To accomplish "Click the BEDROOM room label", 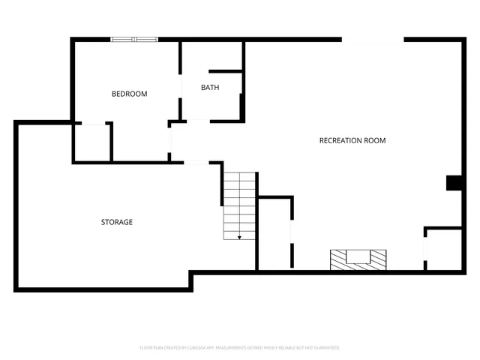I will pyautogui.click(x=129, y=94).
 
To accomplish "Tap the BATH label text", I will pyautogui.click(x=210, y=88).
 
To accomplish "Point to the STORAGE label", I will pyautogui.click(x=117, y=222).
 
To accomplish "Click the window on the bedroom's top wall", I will pyautogui.click(x=134, y=40).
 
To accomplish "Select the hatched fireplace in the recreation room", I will pyautogui.click(x=359, y=259).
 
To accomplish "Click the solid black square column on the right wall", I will pyautogui.click(x=454, y=183).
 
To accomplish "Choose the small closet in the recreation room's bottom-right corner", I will pyautogui.click(x=444, y=249).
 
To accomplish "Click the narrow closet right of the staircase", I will pyautogui.click(x=274, y=234).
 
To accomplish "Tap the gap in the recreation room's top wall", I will pyautogui.click(x=373, y=40).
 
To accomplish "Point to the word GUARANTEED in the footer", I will pyautogui.click(x=325, y=348).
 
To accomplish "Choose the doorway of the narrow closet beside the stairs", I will pyautogui.click(x=292, y=232).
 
